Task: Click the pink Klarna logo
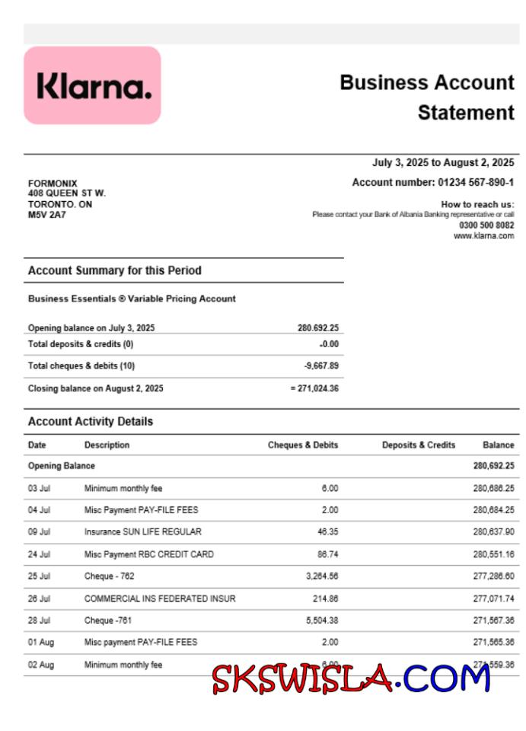click(x=92, y=85)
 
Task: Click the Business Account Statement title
click(x=427, y=97)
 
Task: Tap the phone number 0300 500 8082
click(x=486, y=225)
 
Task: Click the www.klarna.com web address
click(x=483, y=236)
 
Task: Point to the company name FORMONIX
click(x=53, y=184)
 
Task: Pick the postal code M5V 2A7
click(x=47, y=215)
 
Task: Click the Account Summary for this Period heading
click(x=115, y=270)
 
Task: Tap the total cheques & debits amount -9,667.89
click(x=321, y=365)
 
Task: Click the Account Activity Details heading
click(x=91, y=421)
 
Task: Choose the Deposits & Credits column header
click(x=419, y=445)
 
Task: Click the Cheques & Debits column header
click(x=303, y=445)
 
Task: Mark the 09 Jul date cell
click(x=40, y=531)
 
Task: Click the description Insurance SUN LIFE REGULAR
click(x=143, y=531)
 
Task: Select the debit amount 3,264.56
click(x=322, y=576)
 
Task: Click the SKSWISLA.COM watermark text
click(x=351, y=678)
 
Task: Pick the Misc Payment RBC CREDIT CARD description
click(x=149, y=554)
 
